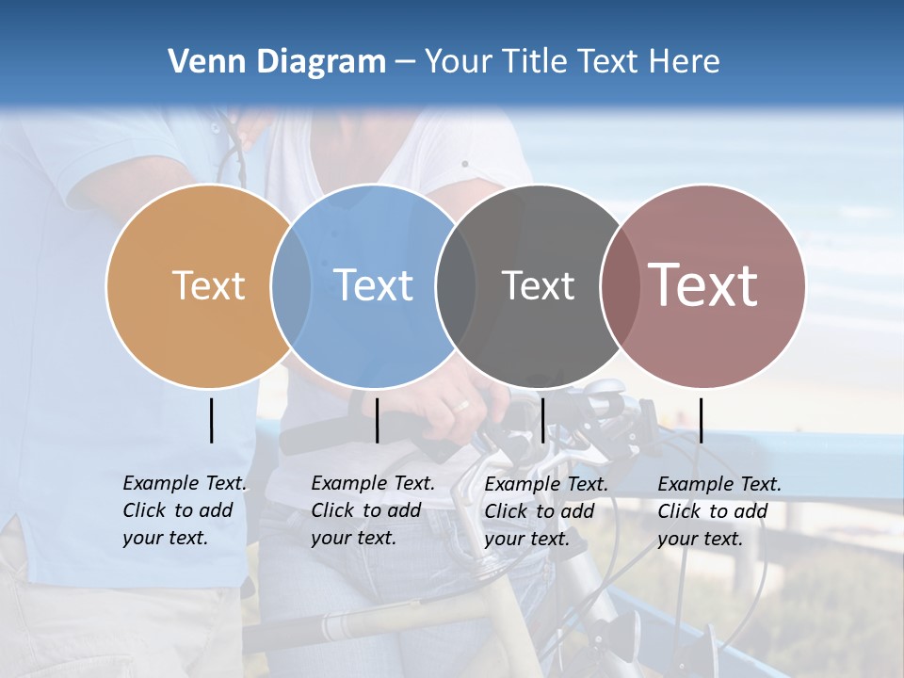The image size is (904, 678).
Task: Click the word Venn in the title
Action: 199,62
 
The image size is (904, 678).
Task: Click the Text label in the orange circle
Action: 208,285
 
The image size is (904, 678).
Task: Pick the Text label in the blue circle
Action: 374,285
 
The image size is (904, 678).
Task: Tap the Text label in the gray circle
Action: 538,285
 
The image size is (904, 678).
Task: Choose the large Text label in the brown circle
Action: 703,285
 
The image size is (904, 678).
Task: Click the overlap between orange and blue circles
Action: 291,285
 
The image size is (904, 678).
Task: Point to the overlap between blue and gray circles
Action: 456,285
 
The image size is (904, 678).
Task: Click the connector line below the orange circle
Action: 211,420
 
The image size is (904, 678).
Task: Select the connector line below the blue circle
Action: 377,420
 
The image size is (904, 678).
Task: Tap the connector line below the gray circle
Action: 542,420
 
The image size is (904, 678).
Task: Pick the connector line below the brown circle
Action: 701,420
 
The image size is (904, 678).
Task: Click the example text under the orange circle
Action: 185,510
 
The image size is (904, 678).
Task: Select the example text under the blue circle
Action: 373,510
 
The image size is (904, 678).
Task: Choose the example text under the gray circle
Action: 546,511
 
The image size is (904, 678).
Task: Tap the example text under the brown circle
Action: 719,511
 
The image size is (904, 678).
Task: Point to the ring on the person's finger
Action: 461,406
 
